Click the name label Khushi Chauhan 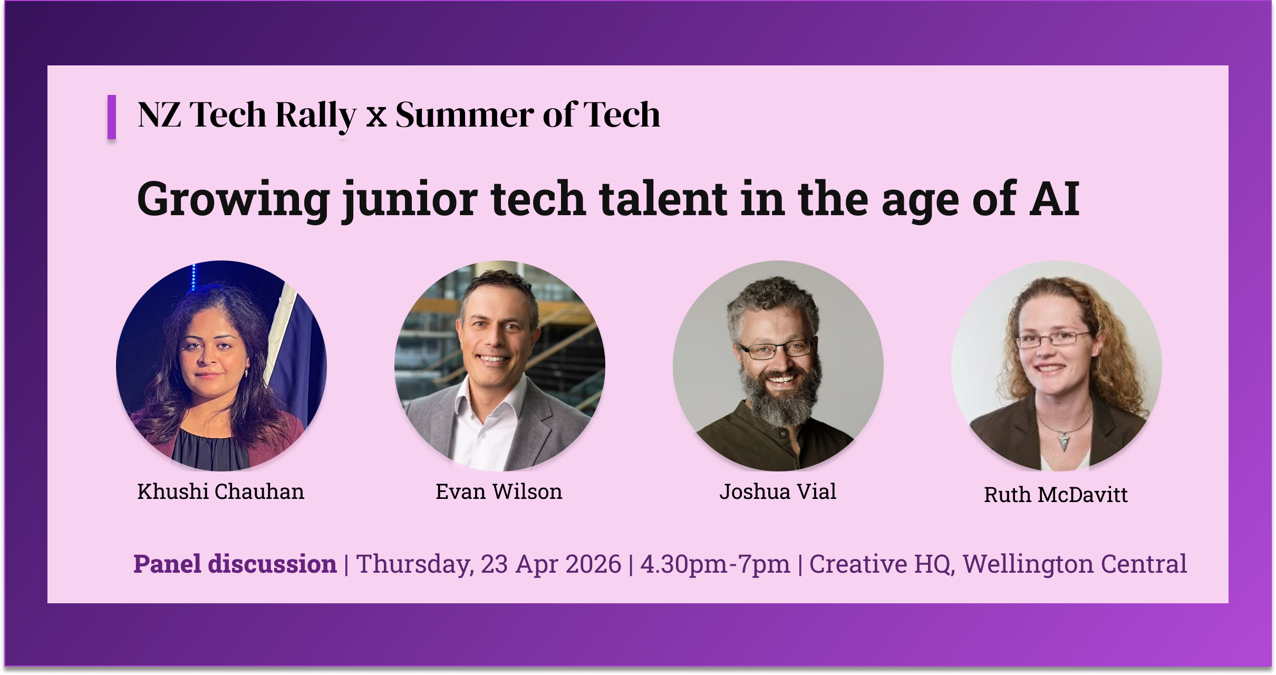220,491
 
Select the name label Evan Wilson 499,491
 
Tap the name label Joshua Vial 778,491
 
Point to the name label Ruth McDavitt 1056,495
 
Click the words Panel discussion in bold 235,564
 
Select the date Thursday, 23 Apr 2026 488,564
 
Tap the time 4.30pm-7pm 715,564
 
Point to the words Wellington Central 1075,564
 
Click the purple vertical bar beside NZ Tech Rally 112,117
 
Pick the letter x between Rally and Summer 376,117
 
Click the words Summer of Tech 527,114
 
